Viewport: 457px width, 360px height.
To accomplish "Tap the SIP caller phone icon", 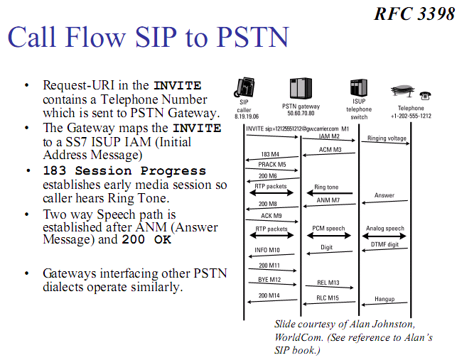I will point(243,89).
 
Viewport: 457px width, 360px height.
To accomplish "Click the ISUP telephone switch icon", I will point(359,88).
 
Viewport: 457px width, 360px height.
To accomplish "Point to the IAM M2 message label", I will point(328,136).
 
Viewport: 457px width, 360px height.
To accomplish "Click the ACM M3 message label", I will point(330,150).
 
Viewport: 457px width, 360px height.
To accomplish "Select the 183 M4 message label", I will point(270,154).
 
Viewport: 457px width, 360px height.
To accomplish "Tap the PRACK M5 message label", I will point(271,164).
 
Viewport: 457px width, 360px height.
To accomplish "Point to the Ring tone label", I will point(326,188).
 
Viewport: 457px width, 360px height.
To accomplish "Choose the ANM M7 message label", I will point(328,200).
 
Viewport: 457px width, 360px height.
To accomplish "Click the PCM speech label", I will point(328,229).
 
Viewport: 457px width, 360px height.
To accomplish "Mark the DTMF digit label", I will point(385,244).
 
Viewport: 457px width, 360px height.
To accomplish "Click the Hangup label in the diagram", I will point(385,299).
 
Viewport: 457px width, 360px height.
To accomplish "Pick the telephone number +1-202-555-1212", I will point(411,115).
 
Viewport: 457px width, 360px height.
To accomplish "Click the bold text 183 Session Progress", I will point(124,171).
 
